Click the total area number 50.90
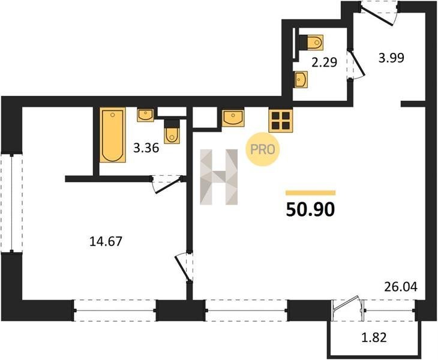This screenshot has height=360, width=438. click(310, 209)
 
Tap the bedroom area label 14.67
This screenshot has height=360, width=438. click(106, 241)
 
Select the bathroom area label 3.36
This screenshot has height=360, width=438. click(146, 148)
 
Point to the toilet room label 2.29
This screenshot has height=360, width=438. click(325, 62)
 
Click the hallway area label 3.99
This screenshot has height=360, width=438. click(391, 58)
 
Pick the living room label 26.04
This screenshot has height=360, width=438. click(401, 287)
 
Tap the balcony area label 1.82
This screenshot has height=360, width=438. click(374, 337)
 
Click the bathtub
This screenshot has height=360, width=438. click(113, 135)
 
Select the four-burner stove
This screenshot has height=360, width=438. click(281, 120)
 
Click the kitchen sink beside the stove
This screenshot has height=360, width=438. click(233, 118)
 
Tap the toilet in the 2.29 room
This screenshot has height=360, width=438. click(311, 43)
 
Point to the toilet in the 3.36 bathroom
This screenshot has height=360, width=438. click(172, 132)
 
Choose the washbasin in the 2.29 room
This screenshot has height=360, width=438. click(301, 80)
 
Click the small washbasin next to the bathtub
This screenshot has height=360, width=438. click(146, 115)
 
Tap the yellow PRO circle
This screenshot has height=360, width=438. click(263, 149)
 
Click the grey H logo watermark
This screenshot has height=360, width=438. click(219, 177)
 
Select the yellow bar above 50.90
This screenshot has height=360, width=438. click(310, 193)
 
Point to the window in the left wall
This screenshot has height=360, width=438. click(11, 203)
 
